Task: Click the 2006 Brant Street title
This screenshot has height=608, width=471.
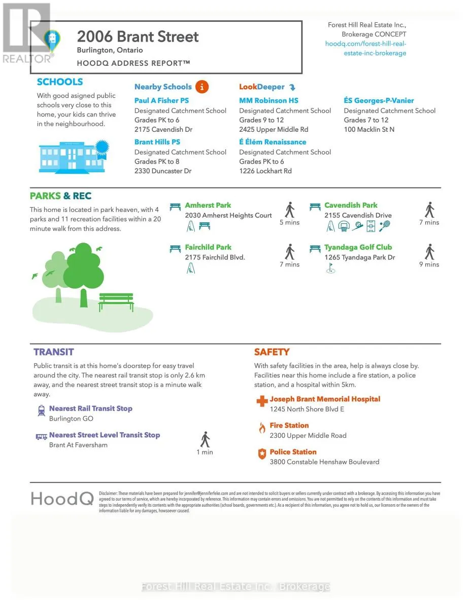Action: pos(138,36)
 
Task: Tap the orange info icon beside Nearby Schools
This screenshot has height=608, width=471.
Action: pos(202,87)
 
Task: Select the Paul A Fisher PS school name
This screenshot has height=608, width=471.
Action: pos(161,100)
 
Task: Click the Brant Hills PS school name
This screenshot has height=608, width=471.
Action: pos(157,142)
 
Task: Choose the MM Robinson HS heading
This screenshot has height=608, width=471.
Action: pos(268,100)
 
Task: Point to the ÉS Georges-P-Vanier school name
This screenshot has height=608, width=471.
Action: pos(379,100)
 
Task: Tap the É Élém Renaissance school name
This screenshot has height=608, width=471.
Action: pos(273,142)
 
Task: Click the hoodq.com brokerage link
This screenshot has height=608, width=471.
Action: pos(365,48)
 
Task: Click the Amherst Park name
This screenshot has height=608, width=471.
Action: pos(208,205)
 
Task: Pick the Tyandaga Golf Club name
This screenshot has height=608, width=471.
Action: pos(358,247)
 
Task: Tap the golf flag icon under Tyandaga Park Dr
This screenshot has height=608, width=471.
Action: pos(330,269)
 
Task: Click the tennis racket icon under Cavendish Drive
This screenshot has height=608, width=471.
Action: pos(385,226)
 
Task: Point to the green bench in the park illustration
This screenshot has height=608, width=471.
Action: pos(116,302)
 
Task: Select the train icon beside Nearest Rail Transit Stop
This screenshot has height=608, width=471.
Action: pos(41,411)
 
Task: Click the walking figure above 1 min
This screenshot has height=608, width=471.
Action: pos(205,439)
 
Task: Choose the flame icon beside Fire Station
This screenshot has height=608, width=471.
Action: pos(262,428)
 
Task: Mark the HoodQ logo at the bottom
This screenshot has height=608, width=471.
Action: pos(62,498)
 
